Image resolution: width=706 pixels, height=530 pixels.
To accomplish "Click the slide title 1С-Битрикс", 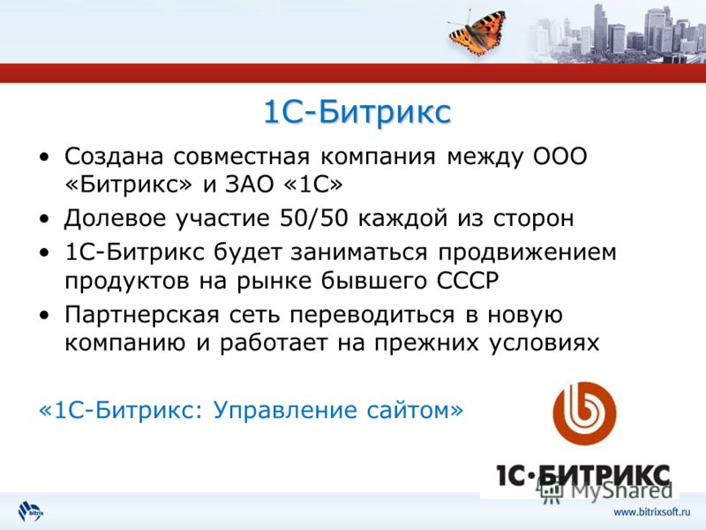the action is click(x=357, y=112).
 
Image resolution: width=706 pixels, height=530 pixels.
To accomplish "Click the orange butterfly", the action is click(x=477, y=33).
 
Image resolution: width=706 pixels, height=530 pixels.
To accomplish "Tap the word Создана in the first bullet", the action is click(x=114, y=157).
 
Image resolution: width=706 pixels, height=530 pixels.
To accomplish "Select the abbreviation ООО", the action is click(x=560, y=156).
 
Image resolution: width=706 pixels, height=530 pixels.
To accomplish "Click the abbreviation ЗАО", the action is click(x=250, y=185).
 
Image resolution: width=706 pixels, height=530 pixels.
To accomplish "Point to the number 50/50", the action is click(x=314, y=218).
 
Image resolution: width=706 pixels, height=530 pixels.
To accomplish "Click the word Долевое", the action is click(x=115, y=218).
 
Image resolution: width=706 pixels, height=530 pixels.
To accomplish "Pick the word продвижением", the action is click(x=527, y=254).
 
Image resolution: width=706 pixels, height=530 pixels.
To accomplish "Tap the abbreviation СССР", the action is click(x=468, y=280).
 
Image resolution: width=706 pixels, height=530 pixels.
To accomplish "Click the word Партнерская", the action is click(x=141, y=314).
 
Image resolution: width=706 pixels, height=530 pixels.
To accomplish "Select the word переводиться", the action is click(x=372, y=314).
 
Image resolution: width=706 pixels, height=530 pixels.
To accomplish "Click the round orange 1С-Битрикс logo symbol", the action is click(x=584, y=413).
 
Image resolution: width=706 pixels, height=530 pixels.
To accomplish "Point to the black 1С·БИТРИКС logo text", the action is click(x=583, y=476).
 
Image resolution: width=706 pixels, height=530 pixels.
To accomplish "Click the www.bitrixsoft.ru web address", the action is click(x=651, y=512).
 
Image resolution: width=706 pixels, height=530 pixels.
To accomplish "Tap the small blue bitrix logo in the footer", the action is click(x=31, y=511).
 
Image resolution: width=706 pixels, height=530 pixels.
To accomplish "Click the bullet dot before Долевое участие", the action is click(x=44, y=219).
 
